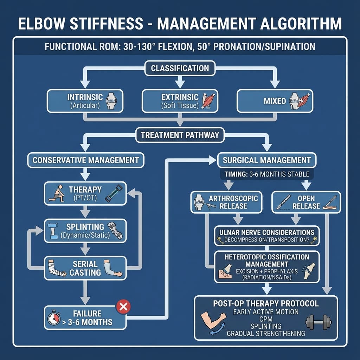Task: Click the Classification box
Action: point(180,68)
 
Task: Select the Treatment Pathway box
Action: point(180,135)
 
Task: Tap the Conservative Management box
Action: point(86,160)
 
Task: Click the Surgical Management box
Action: point(267,160)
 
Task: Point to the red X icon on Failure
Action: point(123,307)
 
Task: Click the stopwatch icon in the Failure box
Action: point(54,318)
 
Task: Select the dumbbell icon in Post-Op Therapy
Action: point(319,321)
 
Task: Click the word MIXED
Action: point(275,101)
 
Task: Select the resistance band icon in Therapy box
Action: point(113,194)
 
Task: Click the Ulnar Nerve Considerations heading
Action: point(267,232)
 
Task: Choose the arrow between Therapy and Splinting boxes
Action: point(85,212)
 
